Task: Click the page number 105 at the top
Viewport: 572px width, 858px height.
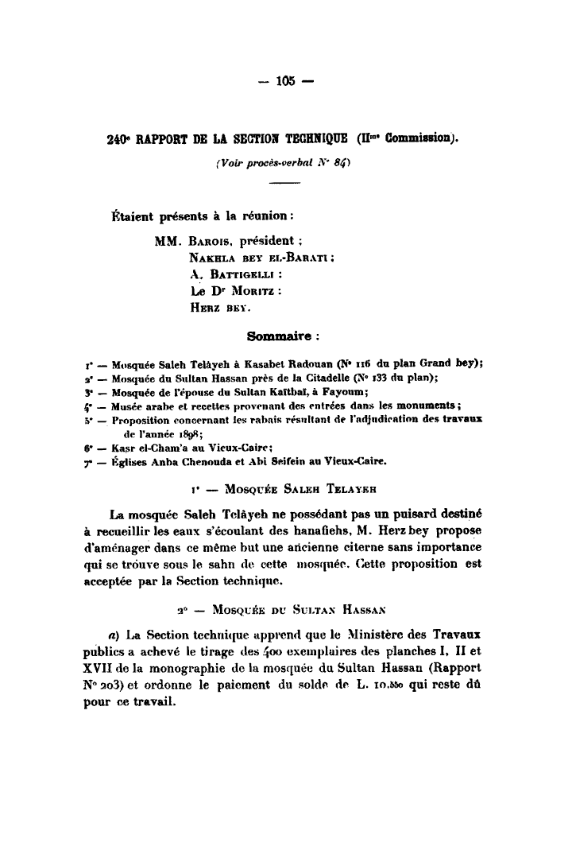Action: (x=286, y=80)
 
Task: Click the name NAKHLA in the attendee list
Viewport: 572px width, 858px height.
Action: (x=213, y=258)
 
